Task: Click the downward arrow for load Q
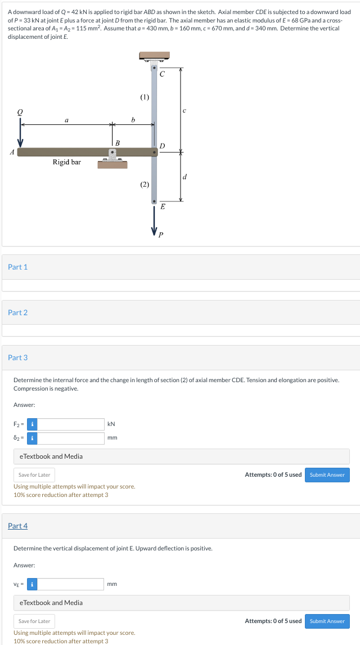20,137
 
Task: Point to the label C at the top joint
162,74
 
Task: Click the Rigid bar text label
67,162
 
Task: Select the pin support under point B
113,158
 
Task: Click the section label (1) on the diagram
145,97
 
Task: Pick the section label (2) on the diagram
145,184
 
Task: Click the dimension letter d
185,177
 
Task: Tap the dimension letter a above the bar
67,119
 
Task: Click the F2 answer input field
71,424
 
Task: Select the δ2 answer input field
71,438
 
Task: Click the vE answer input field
71,584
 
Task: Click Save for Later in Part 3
34,475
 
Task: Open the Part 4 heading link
17,526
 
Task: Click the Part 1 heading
17,267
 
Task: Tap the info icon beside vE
33,584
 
